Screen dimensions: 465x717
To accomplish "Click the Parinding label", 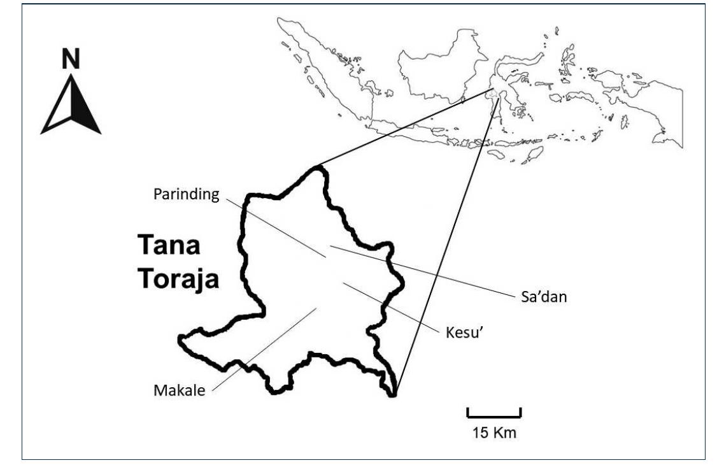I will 186,194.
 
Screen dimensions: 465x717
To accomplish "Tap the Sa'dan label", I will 539,296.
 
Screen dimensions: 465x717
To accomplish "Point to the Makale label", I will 180,389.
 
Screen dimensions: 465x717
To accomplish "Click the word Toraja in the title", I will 180,278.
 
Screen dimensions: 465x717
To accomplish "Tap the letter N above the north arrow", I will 71,59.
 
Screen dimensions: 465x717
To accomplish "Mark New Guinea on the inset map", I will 650,108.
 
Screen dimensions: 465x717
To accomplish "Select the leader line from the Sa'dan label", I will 420,271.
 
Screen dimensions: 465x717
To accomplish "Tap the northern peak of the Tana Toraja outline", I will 316,169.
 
